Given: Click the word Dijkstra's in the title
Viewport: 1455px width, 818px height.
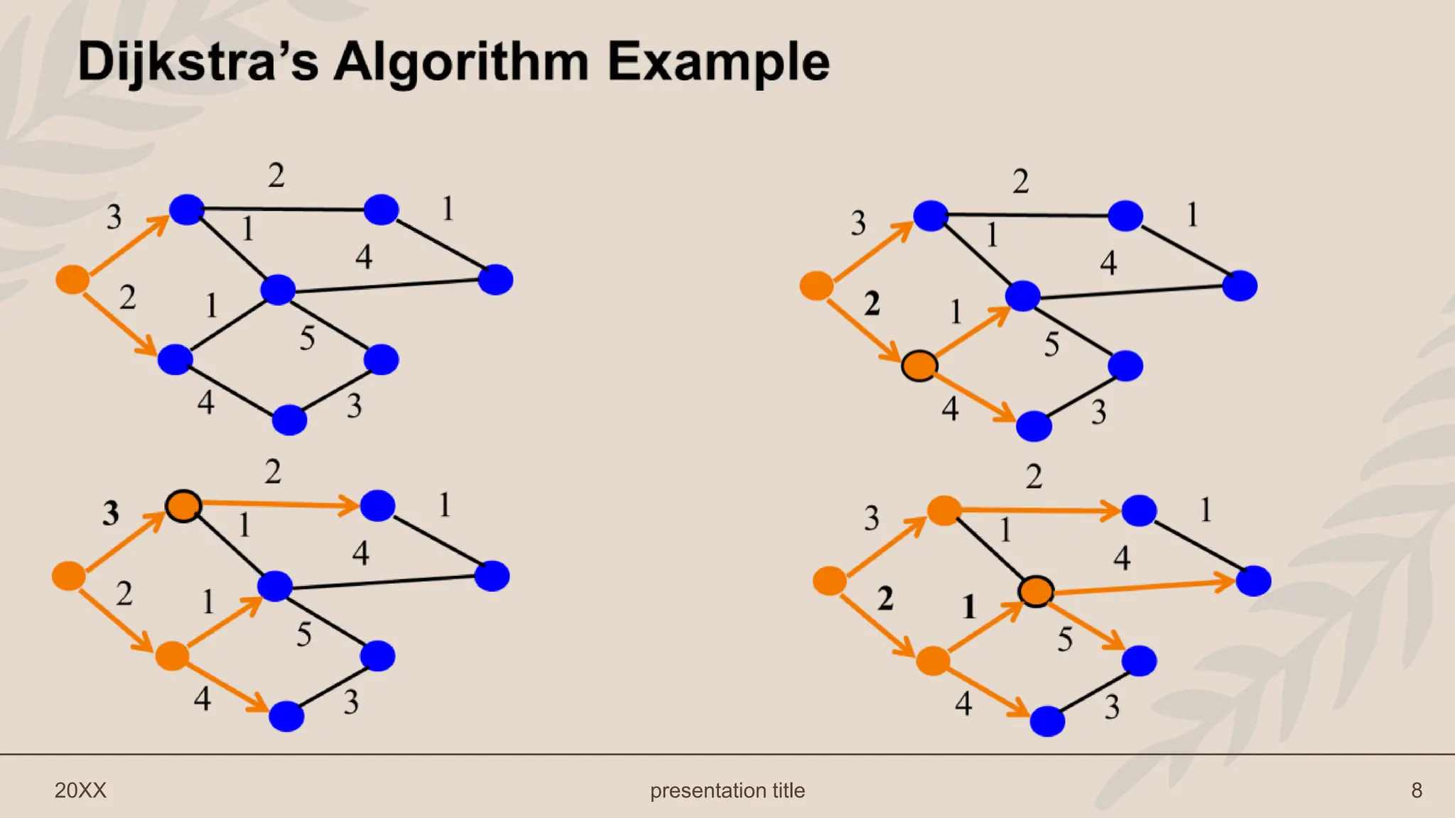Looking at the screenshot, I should tap(198, 62).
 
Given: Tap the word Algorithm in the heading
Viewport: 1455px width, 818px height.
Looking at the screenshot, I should tap(461, 62).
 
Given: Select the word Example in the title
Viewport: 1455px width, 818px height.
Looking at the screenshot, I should tap(718, 62).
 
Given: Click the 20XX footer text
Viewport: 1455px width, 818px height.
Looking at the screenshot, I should tap(80, 790).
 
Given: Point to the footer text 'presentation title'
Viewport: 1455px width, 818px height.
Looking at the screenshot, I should tap(727, 790).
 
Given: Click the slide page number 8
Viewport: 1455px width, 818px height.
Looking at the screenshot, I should tap(1417, 790).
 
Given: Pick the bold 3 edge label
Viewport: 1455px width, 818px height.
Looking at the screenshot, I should tap(111, 513).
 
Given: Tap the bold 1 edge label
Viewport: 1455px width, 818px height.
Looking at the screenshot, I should tap(969, 607).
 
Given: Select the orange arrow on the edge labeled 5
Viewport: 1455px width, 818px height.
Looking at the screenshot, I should tap(1087, 626).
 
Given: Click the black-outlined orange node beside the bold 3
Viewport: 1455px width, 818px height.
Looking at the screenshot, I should tap(183, 506).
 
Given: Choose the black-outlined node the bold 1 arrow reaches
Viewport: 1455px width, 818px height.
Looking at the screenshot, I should tap(1036, 591).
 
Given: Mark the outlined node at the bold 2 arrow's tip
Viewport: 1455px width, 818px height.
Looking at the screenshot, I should tap(919, 366).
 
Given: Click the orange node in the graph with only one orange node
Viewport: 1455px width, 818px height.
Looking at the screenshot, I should tap(72, 279).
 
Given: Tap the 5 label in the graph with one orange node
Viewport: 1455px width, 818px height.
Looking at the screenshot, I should tap(307, 338).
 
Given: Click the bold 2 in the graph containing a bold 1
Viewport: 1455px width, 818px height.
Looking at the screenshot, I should tap(885, 599).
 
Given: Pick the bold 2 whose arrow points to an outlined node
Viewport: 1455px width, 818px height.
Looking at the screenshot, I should tap(872, 304).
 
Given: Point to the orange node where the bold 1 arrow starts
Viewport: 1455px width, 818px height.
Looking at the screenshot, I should tap(933, 661).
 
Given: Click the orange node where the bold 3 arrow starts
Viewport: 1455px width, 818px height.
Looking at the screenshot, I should tap(69, 576).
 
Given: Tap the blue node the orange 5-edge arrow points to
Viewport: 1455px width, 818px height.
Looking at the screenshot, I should tap(1140, 661).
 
